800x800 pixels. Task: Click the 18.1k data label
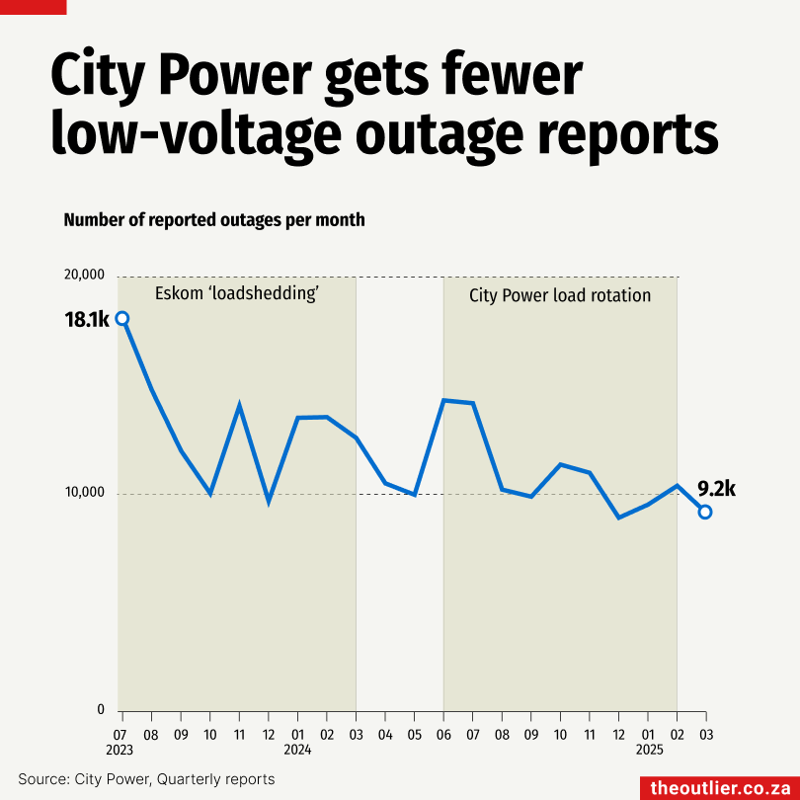point(88,318)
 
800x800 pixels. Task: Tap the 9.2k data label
point(717,488)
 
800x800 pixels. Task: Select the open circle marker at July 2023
point(122,318)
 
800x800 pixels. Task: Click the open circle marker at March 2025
point(705,512)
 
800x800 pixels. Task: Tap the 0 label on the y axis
point(100,709)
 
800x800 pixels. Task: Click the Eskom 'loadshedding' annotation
point(236,294)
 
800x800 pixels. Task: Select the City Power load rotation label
point(560,295)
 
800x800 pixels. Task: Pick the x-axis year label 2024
point(297,750)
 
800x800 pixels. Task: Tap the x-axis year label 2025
point(648,750)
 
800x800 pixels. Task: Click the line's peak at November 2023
point(239,405)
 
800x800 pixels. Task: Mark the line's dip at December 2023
point(269,502)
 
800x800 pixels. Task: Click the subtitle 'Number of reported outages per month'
point(214,219)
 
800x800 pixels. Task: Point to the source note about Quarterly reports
point(146,779)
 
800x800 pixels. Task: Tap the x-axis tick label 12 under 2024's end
point(618,735)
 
